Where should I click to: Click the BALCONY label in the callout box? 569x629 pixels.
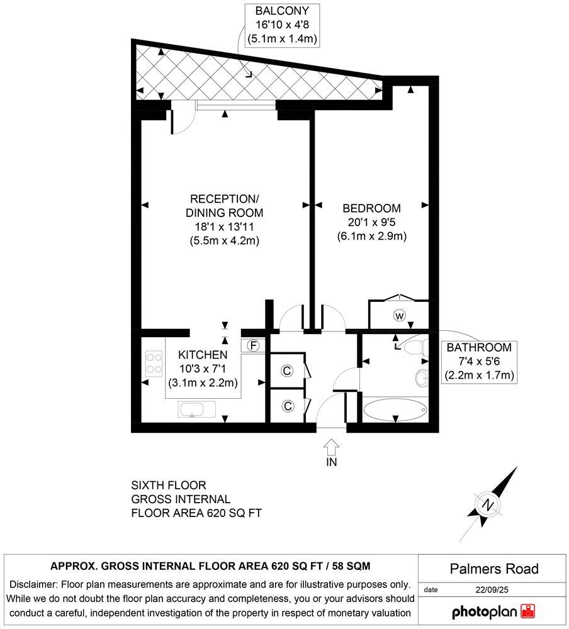[x=282, y=12]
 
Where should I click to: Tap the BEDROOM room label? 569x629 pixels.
[x=371, y=208]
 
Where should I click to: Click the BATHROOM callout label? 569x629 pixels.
[x=479, y=348]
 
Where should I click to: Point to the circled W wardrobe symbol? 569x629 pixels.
[x=398, y=315]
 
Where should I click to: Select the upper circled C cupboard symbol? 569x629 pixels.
[x=287, y=371]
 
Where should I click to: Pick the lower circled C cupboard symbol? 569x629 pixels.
[x=287, y=406]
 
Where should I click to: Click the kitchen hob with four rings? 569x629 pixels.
[x=154, y=364]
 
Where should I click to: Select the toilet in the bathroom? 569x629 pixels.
[x=417, y=347]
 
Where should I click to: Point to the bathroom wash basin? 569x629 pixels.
[x=422, y=377]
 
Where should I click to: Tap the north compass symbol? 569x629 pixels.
[x=488, y=504]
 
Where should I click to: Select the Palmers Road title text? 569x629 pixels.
[x=494, y=569]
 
